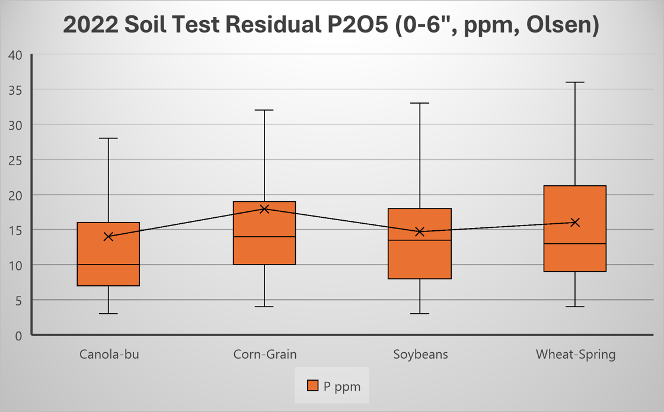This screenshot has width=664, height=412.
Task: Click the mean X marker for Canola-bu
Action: point(108,237)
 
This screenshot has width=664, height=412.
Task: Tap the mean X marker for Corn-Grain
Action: point(264,209)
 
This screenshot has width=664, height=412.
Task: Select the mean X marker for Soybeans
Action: point(420,231)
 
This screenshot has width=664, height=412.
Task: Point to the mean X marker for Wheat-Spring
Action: point(575,223)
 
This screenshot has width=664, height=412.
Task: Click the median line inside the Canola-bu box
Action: point(108,265)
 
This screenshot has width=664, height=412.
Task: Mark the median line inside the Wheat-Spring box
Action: point(575,244)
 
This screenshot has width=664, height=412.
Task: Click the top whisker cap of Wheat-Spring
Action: point(575,82)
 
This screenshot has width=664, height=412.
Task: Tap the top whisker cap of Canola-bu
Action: point(108,138)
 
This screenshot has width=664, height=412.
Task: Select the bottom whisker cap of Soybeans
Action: point(420,314)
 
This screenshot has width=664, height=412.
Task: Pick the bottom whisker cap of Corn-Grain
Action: point(264,307)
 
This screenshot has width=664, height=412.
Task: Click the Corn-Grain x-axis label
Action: point(264,355)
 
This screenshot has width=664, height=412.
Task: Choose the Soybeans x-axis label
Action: point(420,355)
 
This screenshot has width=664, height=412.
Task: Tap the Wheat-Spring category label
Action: point(576,355)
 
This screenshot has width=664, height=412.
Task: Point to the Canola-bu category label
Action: point(109,355)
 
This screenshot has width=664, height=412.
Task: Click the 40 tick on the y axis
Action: point(15,55)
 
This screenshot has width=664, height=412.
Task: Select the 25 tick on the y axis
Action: point(15,160)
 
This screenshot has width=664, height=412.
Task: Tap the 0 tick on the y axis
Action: point(18,335)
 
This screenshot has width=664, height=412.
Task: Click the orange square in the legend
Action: point(313,386)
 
